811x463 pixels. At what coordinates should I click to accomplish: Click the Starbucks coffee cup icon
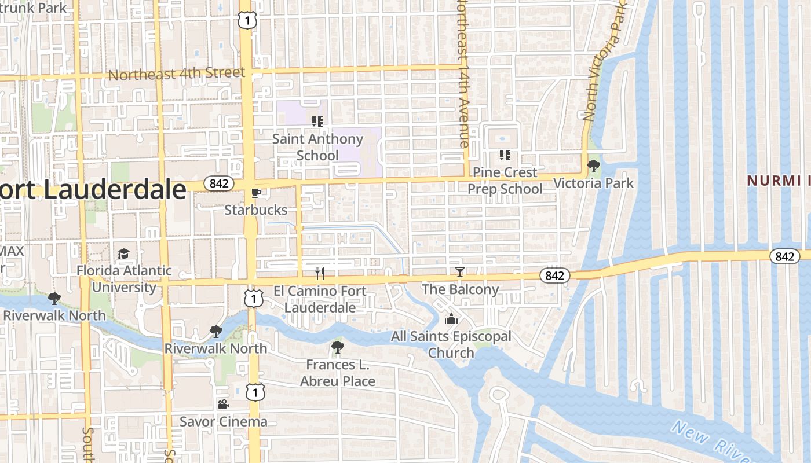[x=255, y=193]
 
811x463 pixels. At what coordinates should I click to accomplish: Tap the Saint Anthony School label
[x=317, y=147]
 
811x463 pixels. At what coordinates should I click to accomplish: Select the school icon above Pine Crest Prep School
[x=505, y=155]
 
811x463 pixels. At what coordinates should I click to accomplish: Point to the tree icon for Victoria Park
[x=593, y=166]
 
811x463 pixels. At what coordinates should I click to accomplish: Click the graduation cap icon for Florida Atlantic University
[x=123, y=253]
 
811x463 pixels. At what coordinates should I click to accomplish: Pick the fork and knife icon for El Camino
[x=319, y=273]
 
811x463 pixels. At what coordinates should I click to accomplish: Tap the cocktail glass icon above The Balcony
[x=460, y=272]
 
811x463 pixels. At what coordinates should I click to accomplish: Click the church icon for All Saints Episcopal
[x=451, y=319]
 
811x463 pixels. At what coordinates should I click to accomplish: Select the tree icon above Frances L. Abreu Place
[x=337, y=347]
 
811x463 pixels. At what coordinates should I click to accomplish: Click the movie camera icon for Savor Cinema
[x=223, y=404]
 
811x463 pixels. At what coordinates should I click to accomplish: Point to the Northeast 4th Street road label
[x=177, y=74]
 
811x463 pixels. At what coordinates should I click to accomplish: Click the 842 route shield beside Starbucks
[x=219, y=183]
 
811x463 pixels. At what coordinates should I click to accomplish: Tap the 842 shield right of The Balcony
[x=554, y=276]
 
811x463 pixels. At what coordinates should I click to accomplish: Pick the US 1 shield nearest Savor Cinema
[x=254, y=392]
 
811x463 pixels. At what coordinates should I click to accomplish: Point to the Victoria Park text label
[x=593, y=183]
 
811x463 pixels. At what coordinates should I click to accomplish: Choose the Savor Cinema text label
[x=223, y=421]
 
